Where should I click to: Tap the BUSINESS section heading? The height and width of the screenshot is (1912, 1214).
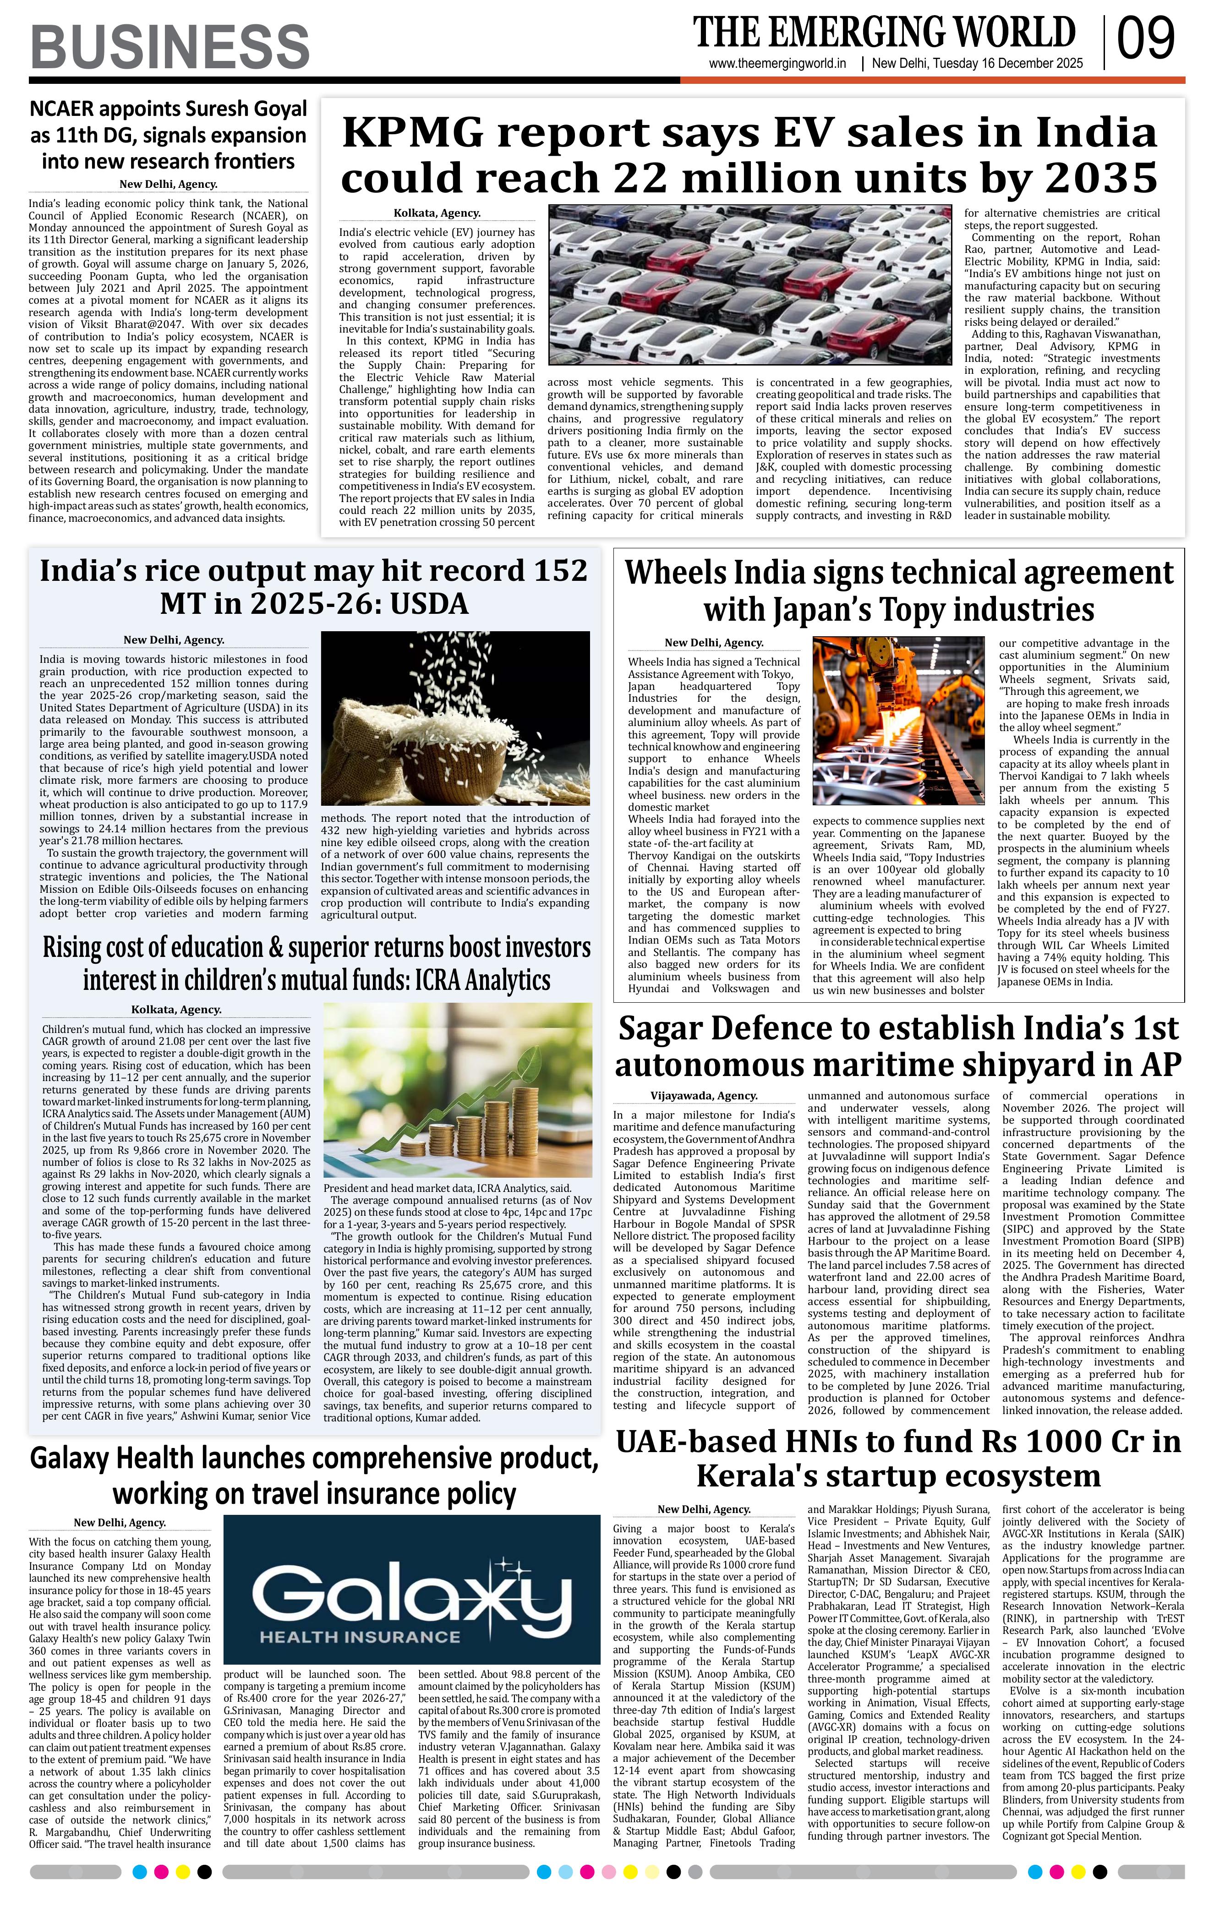(x=170, y=46)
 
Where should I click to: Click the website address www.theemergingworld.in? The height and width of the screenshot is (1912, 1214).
(x=777, y=64)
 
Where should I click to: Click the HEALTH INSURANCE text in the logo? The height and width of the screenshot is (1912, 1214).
(x=360, y=1637)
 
